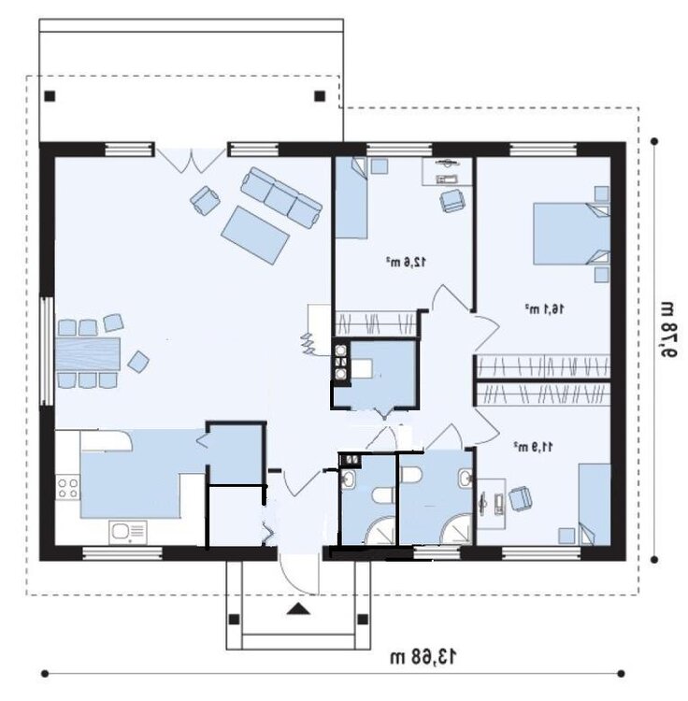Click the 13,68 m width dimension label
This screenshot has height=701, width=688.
pyautogui.click(x=424, y=657)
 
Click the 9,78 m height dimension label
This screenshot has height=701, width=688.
pyautogui.click(x=667, y=329)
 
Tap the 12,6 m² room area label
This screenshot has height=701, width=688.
pyautogui.click(x=407, y=262)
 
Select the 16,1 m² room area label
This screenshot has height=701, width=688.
pyautogui.click(x=544, y=308)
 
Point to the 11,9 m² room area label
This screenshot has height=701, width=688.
pyautogui.click(x=533, y=446)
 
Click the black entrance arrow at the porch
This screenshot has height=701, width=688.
pyautogui.click(x=298, y=608)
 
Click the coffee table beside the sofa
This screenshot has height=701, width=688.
pyautogui.click(x=255, y=235)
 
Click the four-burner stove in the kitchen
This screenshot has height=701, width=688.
pyautogui.click(x=67, y=488)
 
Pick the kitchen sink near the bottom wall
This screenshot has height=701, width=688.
pyautogui.click(x=128, y=533)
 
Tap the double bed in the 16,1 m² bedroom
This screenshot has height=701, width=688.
pyautogui.click(x=571, y=234)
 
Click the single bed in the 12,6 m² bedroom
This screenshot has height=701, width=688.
pyautogui.click(x=351, y=197)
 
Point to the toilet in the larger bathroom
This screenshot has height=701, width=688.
pyautogui.click(x=411, y=475)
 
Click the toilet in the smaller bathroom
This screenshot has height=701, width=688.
pyautogui.click(x=383, y=495)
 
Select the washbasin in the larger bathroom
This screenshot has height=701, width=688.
pyautogui.click(x=466, y=478)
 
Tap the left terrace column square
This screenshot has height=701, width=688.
pyautogui.click(x=50, y=95)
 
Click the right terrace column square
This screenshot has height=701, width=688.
pyautogui.click(x=320, y=95)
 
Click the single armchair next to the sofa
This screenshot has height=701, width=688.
pyautogui.click(x=205, y=200)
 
